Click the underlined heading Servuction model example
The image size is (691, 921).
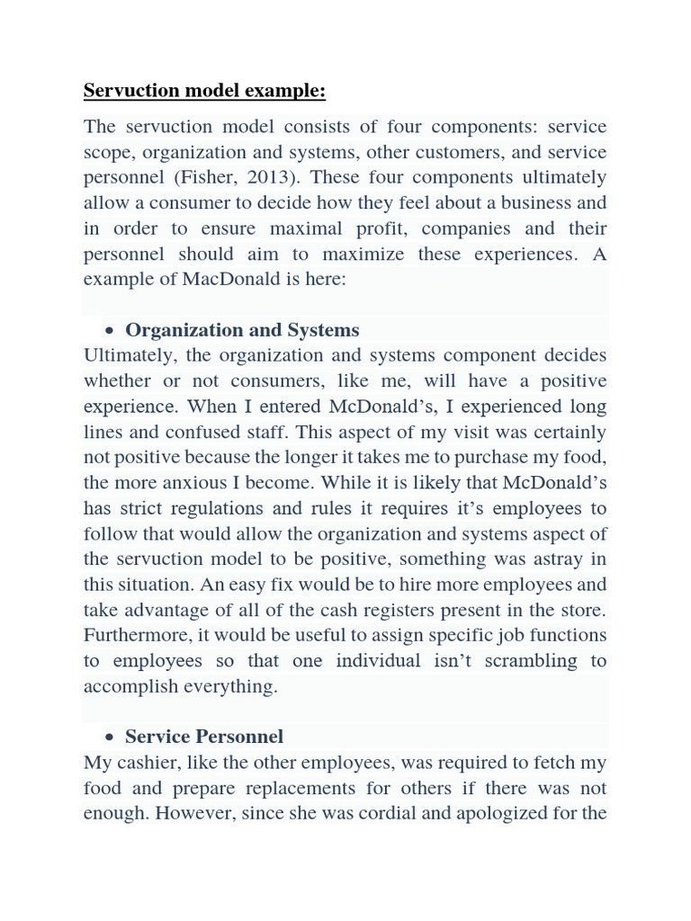pyautogui.click(x=204, y=91)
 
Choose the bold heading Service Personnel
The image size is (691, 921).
pyautogui.click(x=204, y=737)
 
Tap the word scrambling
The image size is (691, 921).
pyautogui.click(x=519, y=660)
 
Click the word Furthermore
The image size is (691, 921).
pyautogui.click(x=138, y=635)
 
